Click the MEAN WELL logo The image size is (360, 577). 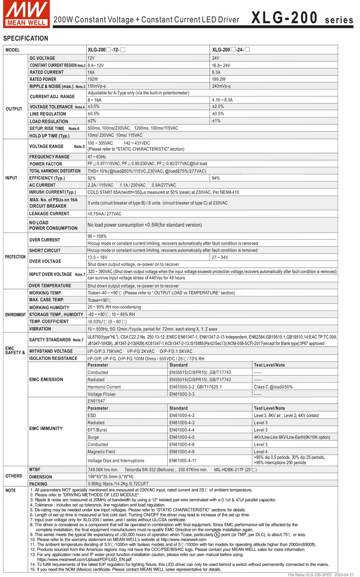tap(26, 14)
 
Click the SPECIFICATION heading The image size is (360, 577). tap(26, 39)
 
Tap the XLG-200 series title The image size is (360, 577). tap(302, 18)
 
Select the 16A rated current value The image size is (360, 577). tap(91, 72)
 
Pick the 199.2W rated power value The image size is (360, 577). tap(219, 79)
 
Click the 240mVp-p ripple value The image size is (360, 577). tap(221, 86)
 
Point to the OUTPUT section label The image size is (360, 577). tap(14, 109)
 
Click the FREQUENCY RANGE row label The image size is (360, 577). tap(49, 157)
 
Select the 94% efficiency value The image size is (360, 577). tap(216, 178)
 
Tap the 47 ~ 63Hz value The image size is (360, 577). tap(97, 157)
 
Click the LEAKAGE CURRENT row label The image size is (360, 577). tap(49, 214)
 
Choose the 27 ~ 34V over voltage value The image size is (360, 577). tap(220, 257)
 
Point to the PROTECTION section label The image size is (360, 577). tap(15, 257)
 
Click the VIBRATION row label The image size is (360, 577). tap(40, 329)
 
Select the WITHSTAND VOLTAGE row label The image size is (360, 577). tap(51, 351)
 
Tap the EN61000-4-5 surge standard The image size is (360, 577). tap(182, 437)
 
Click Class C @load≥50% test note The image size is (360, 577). tap(273, 387)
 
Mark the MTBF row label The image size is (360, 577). tap(35, 470)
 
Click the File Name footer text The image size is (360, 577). tap(320, 575)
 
